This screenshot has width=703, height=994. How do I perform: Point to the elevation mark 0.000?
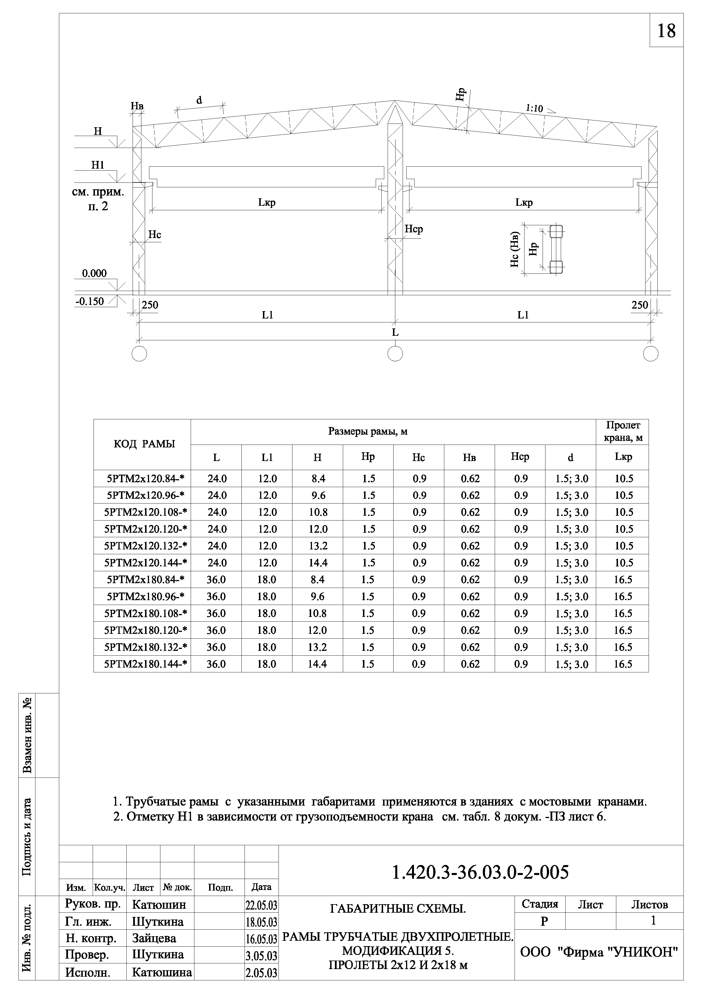coord(94,273)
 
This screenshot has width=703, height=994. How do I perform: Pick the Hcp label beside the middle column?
coord(413,229)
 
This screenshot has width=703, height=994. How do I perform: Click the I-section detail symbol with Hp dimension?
coord(556,249)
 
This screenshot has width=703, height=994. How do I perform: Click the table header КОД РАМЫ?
coord(144,444)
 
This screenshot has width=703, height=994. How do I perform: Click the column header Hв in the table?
coord(469,457)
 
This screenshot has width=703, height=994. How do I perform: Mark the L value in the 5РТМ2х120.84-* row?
coord(216,478)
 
